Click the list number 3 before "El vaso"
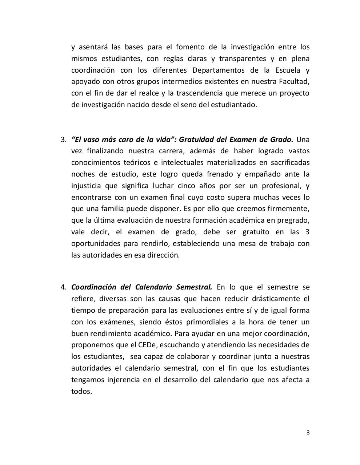63,139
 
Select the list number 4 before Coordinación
63,287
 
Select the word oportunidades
95,243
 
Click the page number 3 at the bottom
308,432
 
